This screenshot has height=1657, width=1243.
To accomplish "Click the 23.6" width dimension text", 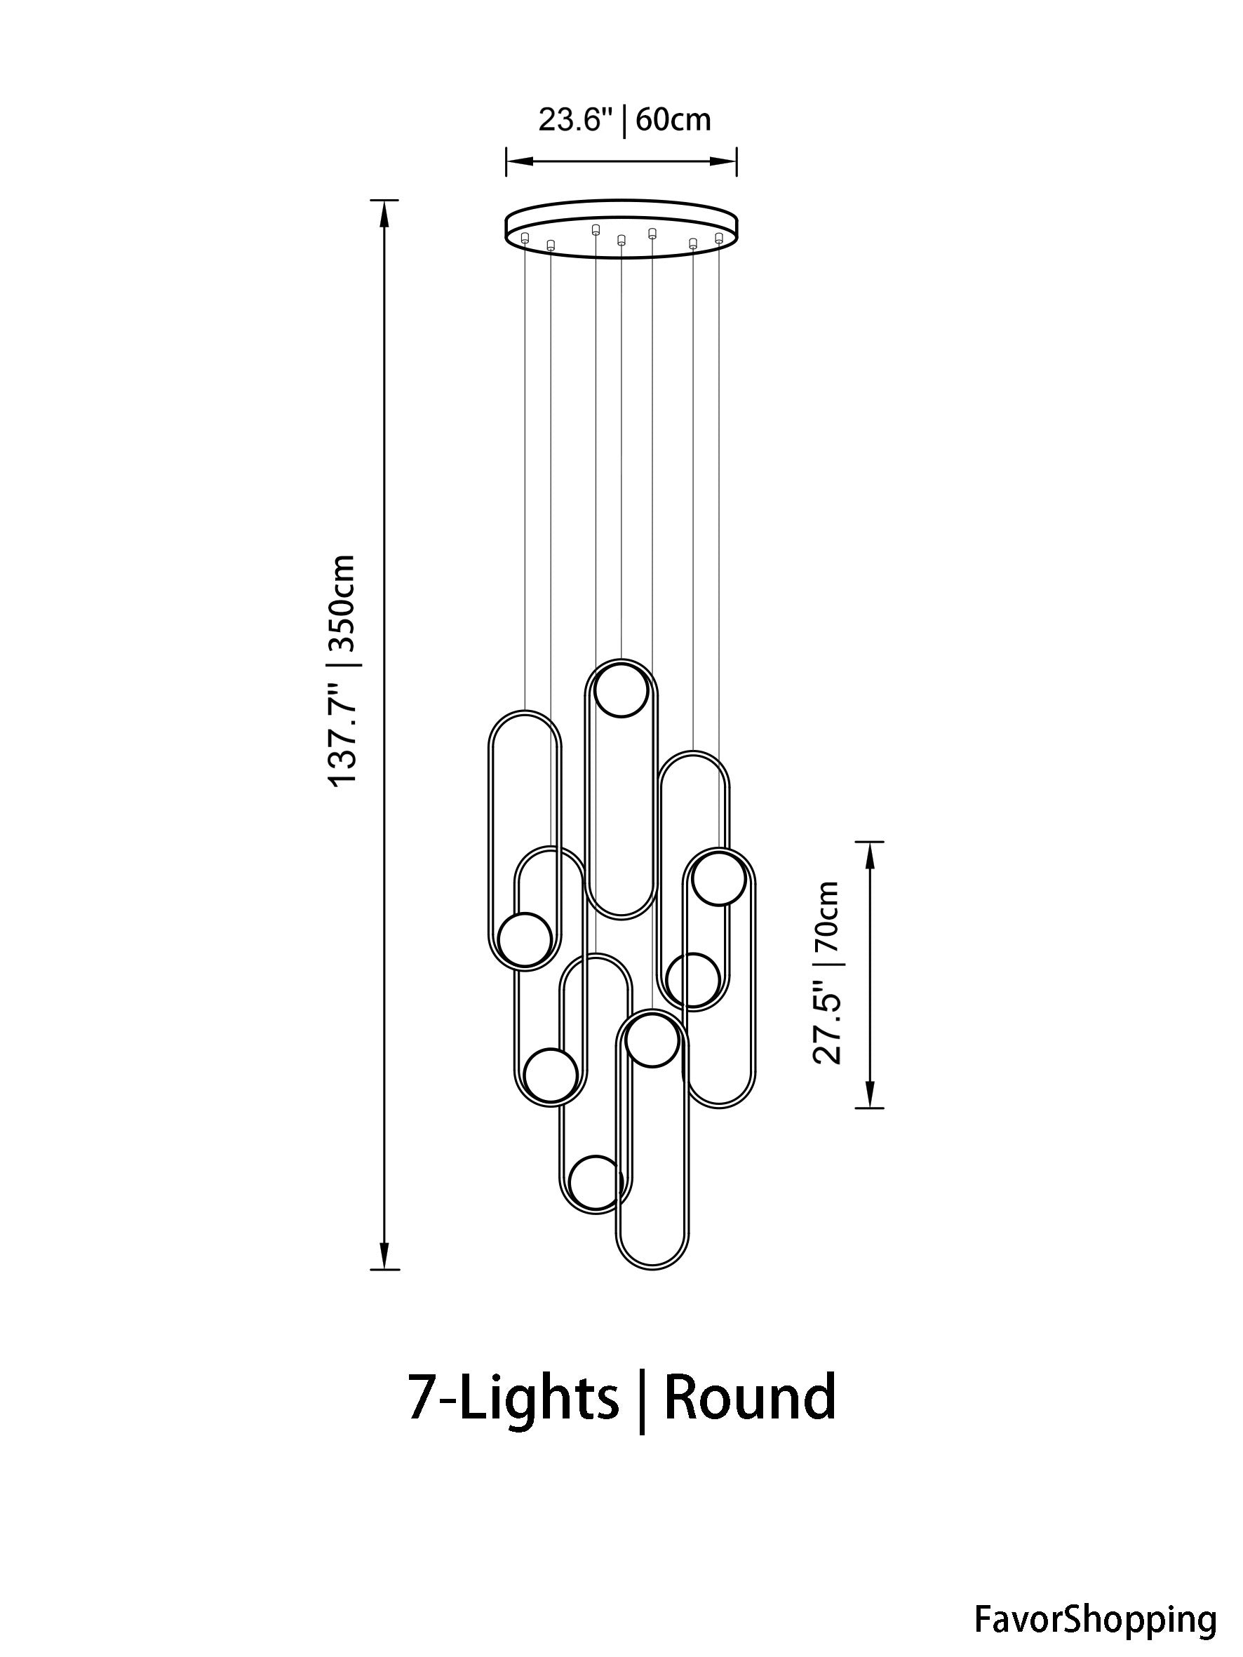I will tap(575, 120).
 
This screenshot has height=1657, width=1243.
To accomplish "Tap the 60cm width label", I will tap(673, 120).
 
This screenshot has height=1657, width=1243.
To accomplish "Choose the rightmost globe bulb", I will tap(718, 878).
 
